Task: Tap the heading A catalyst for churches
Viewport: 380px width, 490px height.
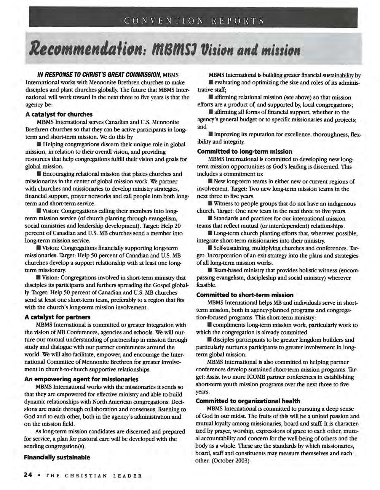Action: [x=59, y=114]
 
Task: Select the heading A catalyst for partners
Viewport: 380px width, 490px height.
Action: [x=58, y=317]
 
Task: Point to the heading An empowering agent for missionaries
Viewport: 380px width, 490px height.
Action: [x=81, y=379]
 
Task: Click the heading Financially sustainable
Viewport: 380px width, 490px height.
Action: [x=57, y=457]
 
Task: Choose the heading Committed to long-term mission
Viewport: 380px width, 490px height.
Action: [x=245, y=152]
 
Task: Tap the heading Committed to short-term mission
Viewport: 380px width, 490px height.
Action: [x=245, y=295]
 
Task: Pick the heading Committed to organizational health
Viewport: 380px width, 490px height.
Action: [x=248, y=401]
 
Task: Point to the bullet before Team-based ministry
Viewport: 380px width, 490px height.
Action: [x=210, y=270]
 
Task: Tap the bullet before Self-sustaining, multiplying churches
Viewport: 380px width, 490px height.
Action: [x=210, y=248]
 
